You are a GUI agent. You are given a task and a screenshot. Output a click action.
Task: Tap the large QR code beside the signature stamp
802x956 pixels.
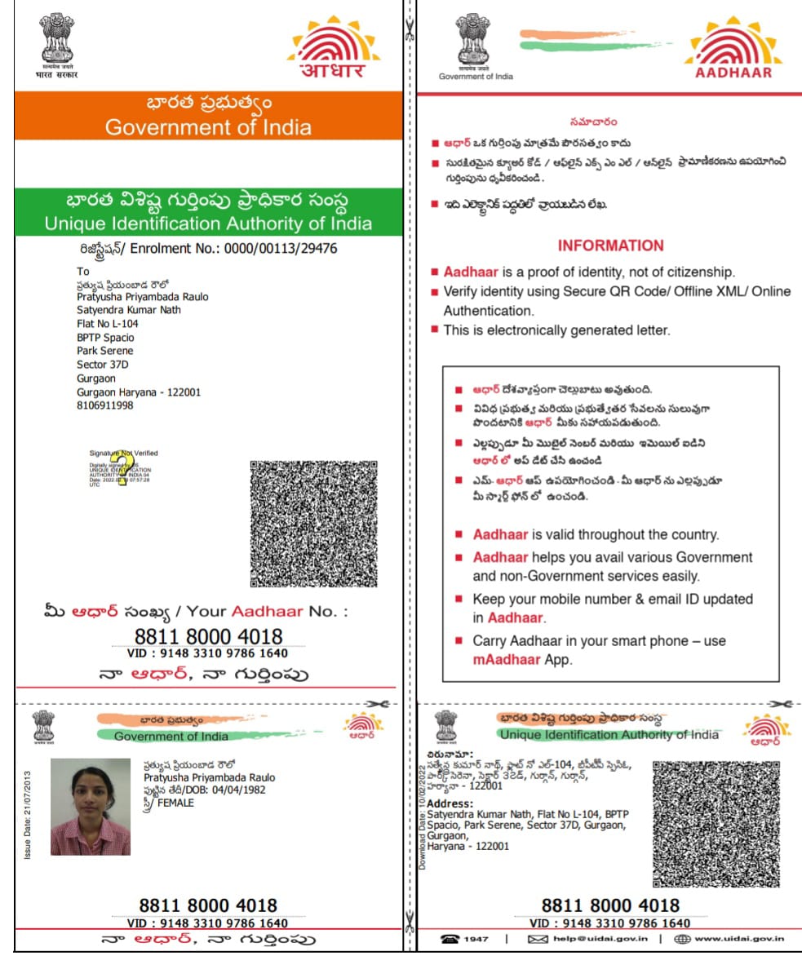tap(313, 524)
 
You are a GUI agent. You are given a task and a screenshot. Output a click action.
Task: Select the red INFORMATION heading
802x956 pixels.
tap(610, 246)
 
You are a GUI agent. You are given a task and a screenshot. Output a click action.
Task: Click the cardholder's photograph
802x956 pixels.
tap(91, 807)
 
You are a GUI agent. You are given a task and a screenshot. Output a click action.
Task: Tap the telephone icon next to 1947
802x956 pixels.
tap(450, 939)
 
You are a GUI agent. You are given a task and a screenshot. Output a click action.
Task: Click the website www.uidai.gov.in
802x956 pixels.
tap(739, 939)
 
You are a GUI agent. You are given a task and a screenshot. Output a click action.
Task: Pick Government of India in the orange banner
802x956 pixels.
tap(208, 127)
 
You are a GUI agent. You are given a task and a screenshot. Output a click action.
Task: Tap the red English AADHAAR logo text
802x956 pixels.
tap(732, 72)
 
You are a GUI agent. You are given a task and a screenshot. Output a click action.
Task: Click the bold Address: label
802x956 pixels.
tap(450, 803)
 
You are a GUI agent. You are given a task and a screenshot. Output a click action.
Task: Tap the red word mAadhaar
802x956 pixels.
tap(507, 659)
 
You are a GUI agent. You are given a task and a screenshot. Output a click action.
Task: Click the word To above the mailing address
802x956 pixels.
tap(82, 271)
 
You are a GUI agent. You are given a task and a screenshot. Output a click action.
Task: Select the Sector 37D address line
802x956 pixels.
tap(103, 365)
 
